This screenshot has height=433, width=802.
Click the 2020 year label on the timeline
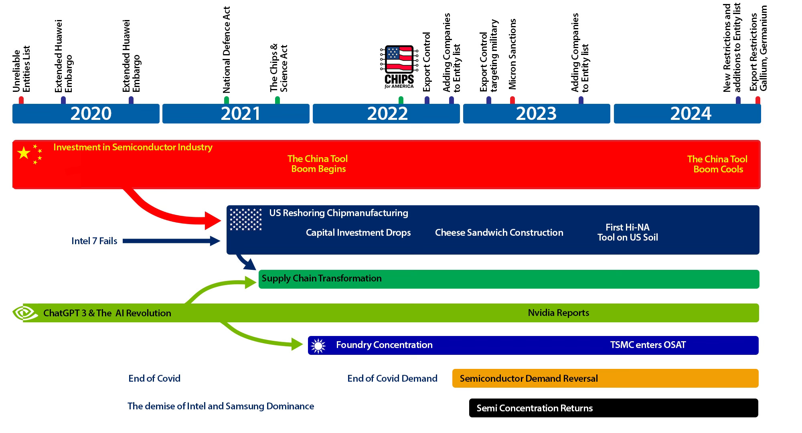[x=91, y=113]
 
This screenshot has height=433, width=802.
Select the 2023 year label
[x=536, y=113]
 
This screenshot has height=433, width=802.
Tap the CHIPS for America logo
[x=399, y=67]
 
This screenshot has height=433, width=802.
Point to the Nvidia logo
[x=25, y=313]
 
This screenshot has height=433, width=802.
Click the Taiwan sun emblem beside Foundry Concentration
[x=318, y=345]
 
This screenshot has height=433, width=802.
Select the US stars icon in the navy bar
[x=245, y=219]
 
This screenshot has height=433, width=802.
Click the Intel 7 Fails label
[x=94, y=241]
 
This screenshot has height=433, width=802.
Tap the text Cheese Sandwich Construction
[x=499, y=233]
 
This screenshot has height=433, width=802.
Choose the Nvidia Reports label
[x=558, y=313]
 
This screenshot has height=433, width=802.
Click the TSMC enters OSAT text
[x=648, y=345]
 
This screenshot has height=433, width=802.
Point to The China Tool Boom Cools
[x=717, y=164]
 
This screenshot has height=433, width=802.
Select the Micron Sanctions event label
[x=512, y=54]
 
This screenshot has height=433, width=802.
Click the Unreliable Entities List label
[x=21, y=69]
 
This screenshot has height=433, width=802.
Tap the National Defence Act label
[x=227, y=50]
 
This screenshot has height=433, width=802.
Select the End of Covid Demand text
[x=392, y=378]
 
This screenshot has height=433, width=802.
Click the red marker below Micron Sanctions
[x=512, y=100]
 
